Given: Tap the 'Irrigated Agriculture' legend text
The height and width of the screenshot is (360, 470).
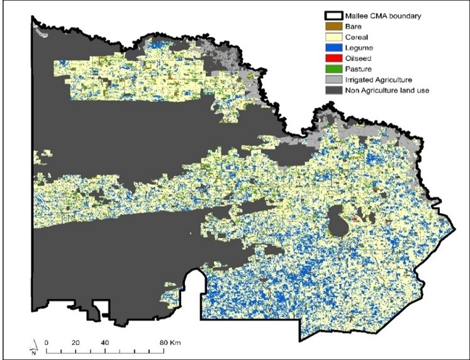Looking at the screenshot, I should coord(378,80).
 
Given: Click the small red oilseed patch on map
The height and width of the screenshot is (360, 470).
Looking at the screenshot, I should coord(355,219).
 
